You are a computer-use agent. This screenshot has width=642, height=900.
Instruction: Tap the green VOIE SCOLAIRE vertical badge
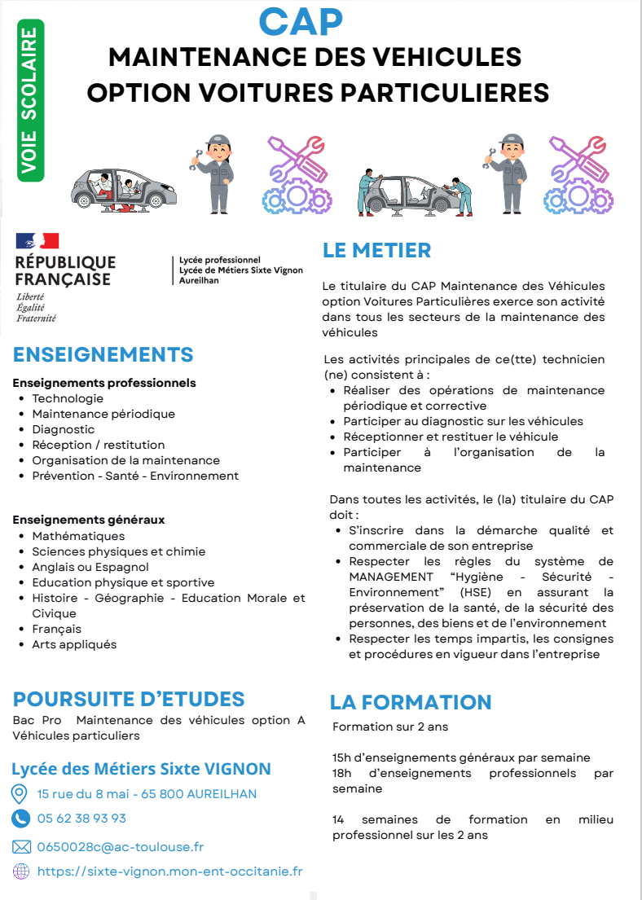(30, 100)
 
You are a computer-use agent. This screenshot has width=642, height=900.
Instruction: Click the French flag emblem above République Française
(37, 240)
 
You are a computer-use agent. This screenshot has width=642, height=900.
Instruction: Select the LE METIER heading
(376, 250)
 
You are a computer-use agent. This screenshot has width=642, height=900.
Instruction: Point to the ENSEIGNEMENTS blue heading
(103, 354)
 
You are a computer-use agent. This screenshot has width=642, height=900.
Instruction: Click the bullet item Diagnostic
(64, 429)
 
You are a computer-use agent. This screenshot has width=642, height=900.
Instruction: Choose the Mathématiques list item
(78, 536)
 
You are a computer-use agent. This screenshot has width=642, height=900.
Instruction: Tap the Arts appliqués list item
(74, 644)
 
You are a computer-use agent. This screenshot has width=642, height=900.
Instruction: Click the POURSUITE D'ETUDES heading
(129, 699)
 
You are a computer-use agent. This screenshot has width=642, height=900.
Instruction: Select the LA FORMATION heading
(411, 702)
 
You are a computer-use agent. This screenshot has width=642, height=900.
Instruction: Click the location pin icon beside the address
(20, 794)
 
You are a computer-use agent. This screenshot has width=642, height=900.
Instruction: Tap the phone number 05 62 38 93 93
(81, 819)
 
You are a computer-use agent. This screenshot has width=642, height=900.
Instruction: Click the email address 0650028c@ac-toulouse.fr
(121, 847)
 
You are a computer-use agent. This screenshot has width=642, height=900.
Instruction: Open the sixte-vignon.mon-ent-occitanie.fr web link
(169, 871)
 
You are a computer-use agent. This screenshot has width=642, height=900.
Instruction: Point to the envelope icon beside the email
(21, 847)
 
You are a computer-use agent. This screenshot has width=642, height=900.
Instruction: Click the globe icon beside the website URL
(21, 871)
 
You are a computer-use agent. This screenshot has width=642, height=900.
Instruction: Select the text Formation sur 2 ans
(389, 727)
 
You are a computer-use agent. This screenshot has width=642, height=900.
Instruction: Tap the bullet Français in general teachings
(56, 629)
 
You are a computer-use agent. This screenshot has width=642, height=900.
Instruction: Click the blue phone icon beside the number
(20, 819)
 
